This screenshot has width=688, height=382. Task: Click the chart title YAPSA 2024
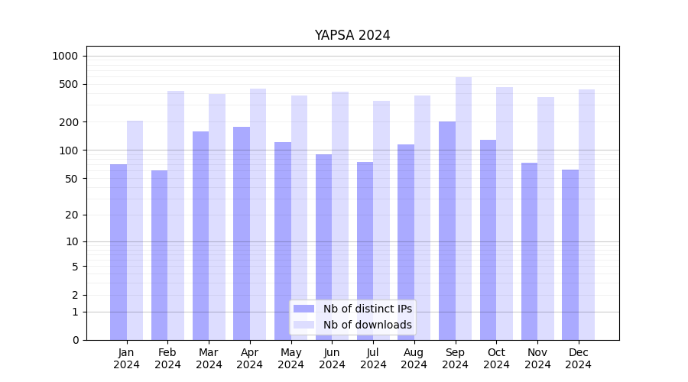pos(352,35)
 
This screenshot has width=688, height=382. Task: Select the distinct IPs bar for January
pos(118,252)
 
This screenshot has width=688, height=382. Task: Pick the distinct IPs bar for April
pos(242,233)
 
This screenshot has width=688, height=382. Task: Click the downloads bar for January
pos(135,230)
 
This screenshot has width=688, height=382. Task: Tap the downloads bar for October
pos(505,213)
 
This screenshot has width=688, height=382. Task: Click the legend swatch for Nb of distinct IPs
pos(303,309)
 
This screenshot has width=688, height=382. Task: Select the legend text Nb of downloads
pos(367,325)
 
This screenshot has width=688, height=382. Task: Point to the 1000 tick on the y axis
pos(65,56)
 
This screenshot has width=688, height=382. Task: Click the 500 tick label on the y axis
pos(69,84)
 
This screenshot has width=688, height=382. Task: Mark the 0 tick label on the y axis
pos(76,340)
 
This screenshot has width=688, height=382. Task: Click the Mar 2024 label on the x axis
pos(209,358)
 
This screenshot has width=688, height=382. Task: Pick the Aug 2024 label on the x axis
pos(414,358)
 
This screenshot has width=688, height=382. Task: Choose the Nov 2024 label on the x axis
pos(537,358)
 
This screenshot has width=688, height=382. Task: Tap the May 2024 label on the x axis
pos(291,358)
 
